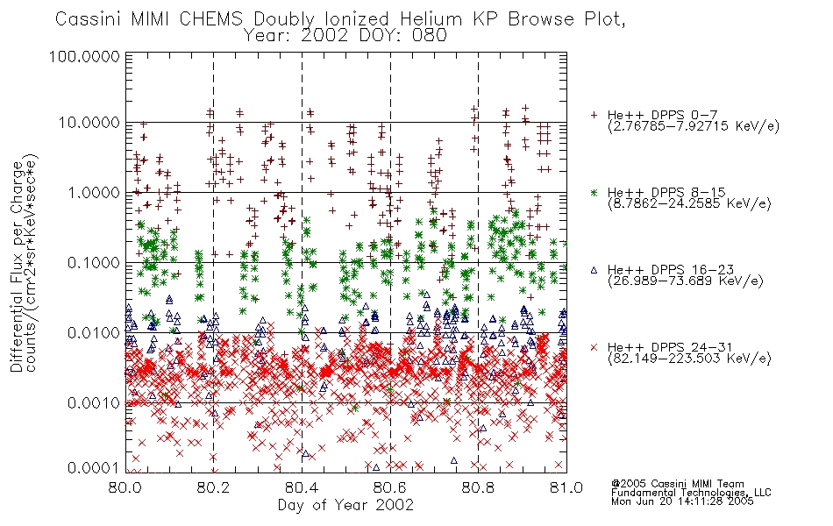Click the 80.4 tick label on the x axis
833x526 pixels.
[302, 487]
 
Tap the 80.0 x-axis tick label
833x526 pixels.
[125, 487]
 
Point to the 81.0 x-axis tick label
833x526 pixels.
[566, 487]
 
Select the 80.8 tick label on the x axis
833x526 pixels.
[478, 487]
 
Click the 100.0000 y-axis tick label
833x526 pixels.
[84, 56]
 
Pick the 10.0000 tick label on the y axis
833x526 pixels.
[89, 123]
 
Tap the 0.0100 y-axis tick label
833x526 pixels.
[94, 333]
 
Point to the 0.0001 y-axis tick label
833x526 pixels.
[94, 468]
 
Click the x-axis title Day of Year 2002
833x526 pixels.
[345, 505]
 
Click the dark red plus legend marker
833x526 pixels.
[594, 115]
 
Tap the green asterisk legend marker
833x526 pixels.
[594, 192]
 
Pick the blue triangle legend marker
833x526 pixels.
[594, 270]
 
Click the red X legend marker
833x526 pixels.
[594, 347]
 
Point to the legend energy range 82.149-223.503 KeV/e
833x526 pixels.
[689, 359]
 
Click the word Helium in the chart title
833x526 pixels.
[431, 19]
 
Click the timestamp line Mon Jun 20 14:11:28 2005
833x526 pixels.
[682, 501]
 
